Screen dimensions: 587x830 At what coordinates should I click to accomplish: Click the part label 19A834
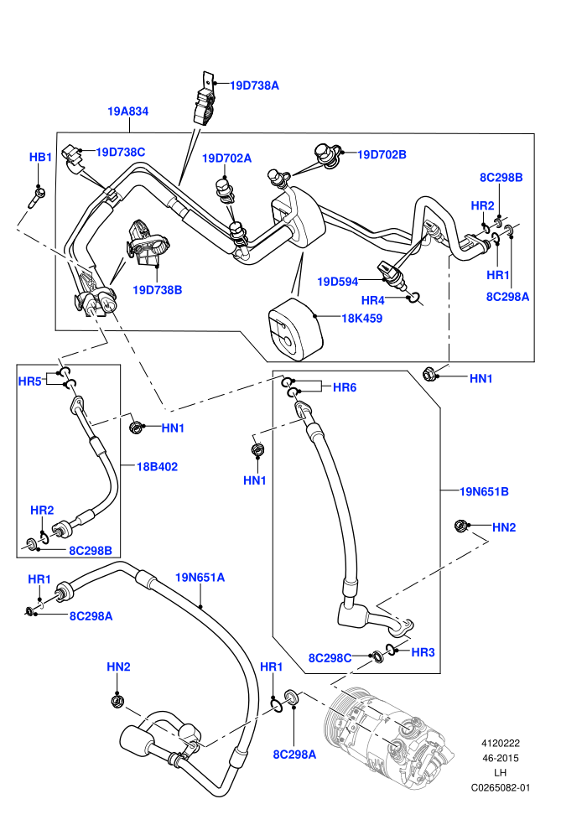[127, 112]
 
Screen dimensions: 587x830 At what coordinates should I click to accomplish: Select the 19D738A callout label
[254, 86]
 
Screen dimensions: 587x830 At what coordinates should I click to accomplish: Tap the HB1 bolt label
[40, 158]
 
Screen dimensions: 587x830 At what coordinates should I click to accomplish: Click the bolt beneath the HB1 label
[37, 196]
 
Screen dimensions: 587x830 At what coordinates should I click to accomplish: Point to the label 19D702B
[382, 154]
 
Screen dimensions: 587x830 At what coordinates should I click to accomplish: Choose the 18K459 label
[361, 318]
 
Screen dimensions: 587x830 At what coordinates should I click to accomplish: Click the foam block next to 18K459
[294, 329]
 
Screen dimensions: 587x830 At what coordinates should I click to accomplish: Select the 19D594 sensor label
[338, 282]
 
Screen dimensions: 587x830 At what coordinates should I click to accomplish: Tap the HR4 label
[372, 301]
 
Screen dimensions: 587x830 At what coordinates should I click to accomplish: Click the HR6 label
[345, 387]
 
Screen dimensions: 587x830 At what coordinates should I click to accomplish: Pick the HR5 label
[29, 381]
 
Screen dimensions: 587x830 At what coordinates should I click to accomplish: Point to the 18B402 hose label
[157, 466]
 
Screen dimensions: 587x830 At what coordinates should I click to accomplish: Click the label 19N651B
[484, 491]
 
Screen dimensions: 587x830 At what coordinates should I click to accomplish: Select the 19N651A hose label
[200, 577]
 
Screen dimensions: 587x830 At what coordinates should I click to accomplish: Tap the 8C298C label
[330, 658]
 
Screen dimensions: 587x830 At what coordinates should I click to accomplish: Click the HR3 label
[423, 652]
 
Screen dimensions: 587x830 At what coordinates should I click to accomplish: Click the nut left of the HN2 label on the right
[461, 526]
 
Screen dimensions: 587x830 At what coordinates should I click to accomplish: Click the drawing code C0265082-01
[500, 787]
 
